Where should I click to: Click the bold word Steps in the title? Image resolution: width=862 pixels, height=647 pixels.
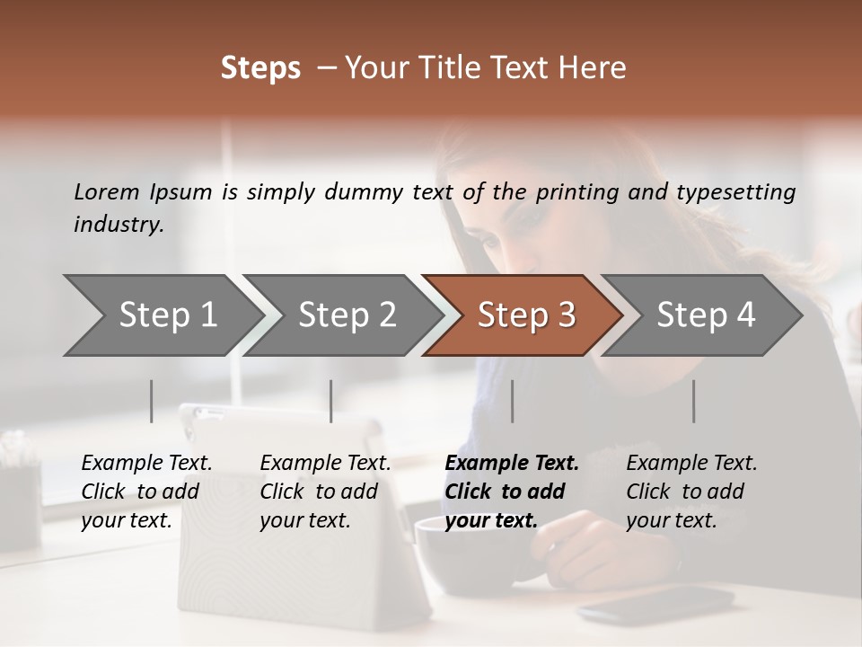point(260,68)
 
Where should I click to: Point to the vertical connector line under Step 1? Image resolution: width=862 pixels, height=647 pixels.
point(151,401)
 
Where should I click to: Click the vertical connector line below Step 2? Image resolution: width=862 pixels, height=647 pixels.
point(331,401)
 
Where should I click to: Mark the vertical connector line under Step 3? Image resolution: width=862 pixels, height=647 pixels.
point(512,401)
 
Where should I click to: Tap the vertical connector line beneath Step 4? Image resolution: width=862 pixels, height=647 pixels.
point(693,401)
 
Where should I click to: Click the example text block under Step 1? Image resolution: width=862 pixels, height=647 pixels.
point(146,492)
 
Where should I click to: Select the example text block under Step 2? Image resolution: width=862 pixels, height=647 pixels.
point(325,492)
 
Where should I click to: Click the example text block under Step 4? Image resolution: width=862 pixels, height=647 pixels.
point(691,492)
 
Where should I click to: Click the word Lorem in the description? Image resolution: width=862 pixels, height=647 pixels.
point(107,191)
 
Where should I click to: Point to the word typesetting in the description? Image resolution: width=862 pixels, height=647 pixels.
point(735,192)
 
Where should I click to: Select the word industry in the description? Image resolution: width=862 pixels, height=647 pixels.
point(119,225)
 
